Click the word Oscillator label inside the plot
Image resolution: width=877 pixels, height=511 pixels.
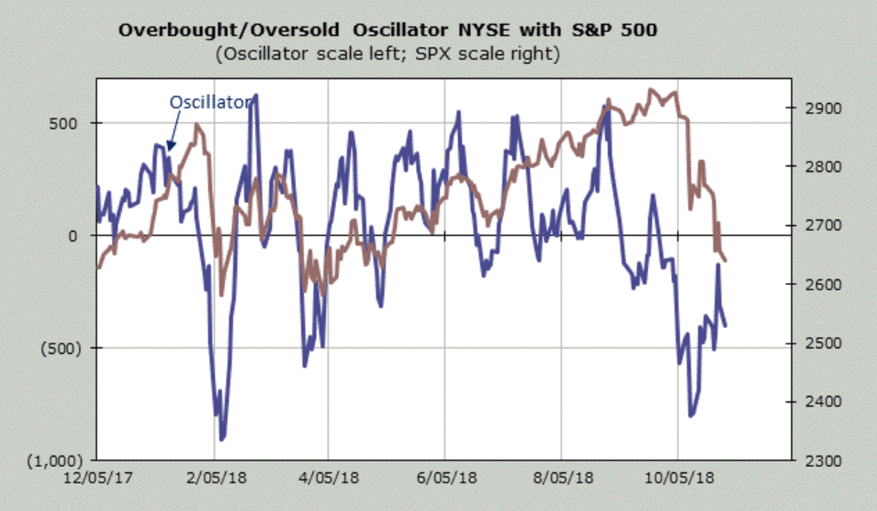point(210,102)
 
